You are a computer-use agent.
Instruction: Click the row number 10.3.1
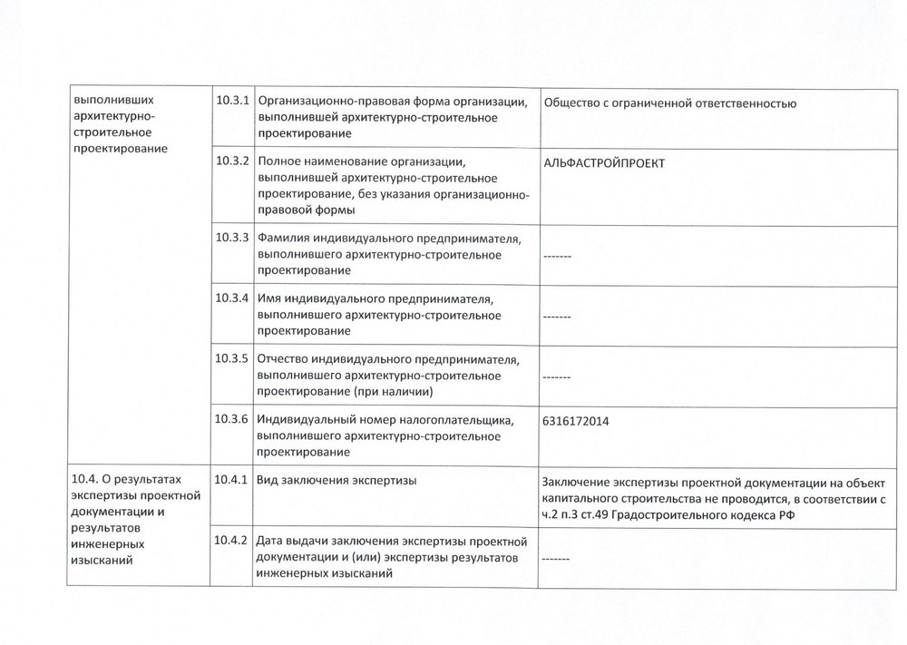233,100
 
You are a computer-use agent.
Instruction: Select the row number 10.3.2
233,161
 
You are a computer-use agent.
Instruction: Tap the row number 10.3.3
233,238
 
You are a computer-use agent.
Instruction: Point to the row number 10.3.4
233,298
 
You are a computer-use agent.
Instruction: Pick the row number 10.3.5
233,358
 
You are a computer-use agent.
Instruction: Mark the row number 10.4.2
233,540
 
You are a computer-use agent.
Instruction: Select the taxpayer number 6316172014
574,421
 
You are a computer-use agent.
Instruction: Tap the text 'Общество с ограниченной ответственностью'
670,103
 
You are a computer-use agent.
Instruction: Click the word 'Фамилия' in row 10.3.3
284,239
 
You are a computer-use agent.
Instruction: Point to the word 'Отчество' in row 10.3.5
286,359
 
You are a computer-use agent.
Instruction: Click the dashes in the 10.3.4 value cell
556,318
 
